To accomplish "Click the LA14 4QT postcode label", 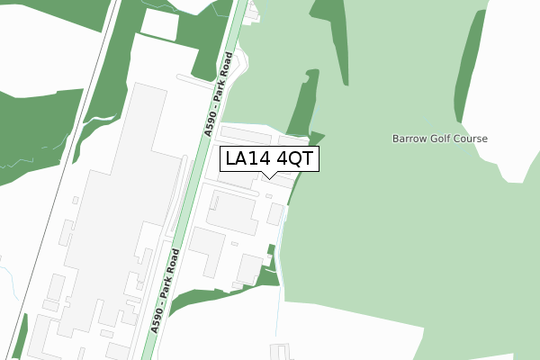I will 268,158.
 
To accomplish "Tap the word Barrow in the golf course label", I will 409,139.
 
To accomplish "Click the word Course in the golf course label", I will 470,139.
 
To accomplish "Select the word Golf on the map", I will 440,139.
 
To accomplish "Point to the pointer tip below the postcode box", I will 268,177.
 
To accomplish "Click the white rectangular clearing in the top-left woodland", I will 159,24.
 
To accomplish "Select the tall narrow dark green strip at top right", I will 467,63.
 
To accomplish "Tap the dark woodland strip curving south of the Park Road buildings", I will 216,297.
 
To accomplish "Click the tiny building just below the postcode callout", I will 268,195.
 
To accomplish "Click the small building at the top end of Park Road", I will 251,11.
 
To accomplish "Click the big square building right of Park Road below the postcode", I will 232,212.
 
